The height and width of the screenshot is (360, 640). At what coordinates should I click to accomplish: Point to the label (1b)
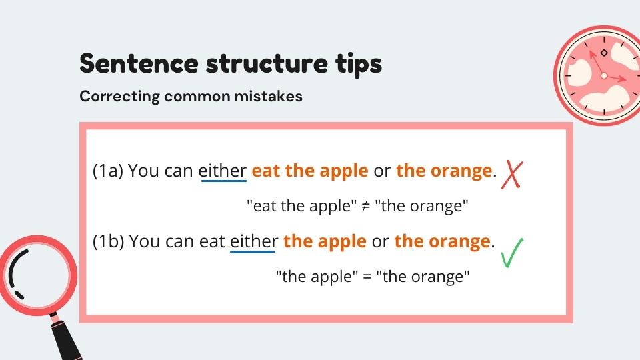(x=108, y=241)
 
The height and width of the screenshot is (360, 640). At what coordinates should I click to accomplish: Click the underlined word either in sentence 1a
(x=223, y=171)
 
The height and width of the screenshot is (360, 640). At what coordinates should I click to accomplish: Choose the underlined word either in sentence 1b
(x=253, y=241)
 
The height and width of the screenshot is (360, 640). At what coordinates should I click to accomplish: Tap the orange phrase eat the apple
(x=310, y=171)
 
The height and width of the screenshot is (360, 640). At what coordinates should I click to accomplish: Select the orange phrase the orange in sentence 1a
(x=444, y=171)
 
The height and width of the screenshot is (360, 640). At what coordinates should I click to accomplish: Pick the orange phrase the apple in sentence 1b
(x=325, y=241)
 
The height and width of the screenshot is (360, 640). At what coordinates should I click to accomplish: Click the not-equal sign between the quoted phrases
(x=365, y=207)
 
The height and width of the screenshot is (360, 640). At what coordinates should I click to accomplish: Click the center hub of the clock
(x=604, y=76)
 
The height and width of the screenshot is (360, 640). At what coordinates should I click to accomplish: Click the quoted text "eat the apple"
(x=302, y=206)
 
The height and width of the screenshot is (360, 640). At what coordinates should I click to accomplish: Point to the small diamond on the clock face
(x=604, y=53)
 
